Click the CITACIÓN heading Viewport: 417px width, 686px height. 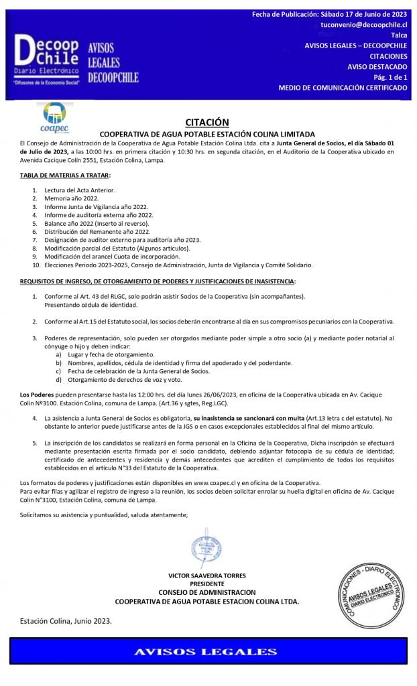tap(206, 121)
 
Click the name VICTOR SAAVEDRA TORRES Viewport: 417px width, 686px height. tap(207, 575)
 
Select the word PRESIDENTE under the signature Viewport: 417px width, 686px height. tap(207, 584)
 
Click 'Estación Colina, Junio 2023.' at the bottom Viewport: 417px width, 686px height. tap(66, 620)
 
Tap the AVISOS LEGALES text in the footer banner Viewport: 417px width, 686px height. tap(205, 651)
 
